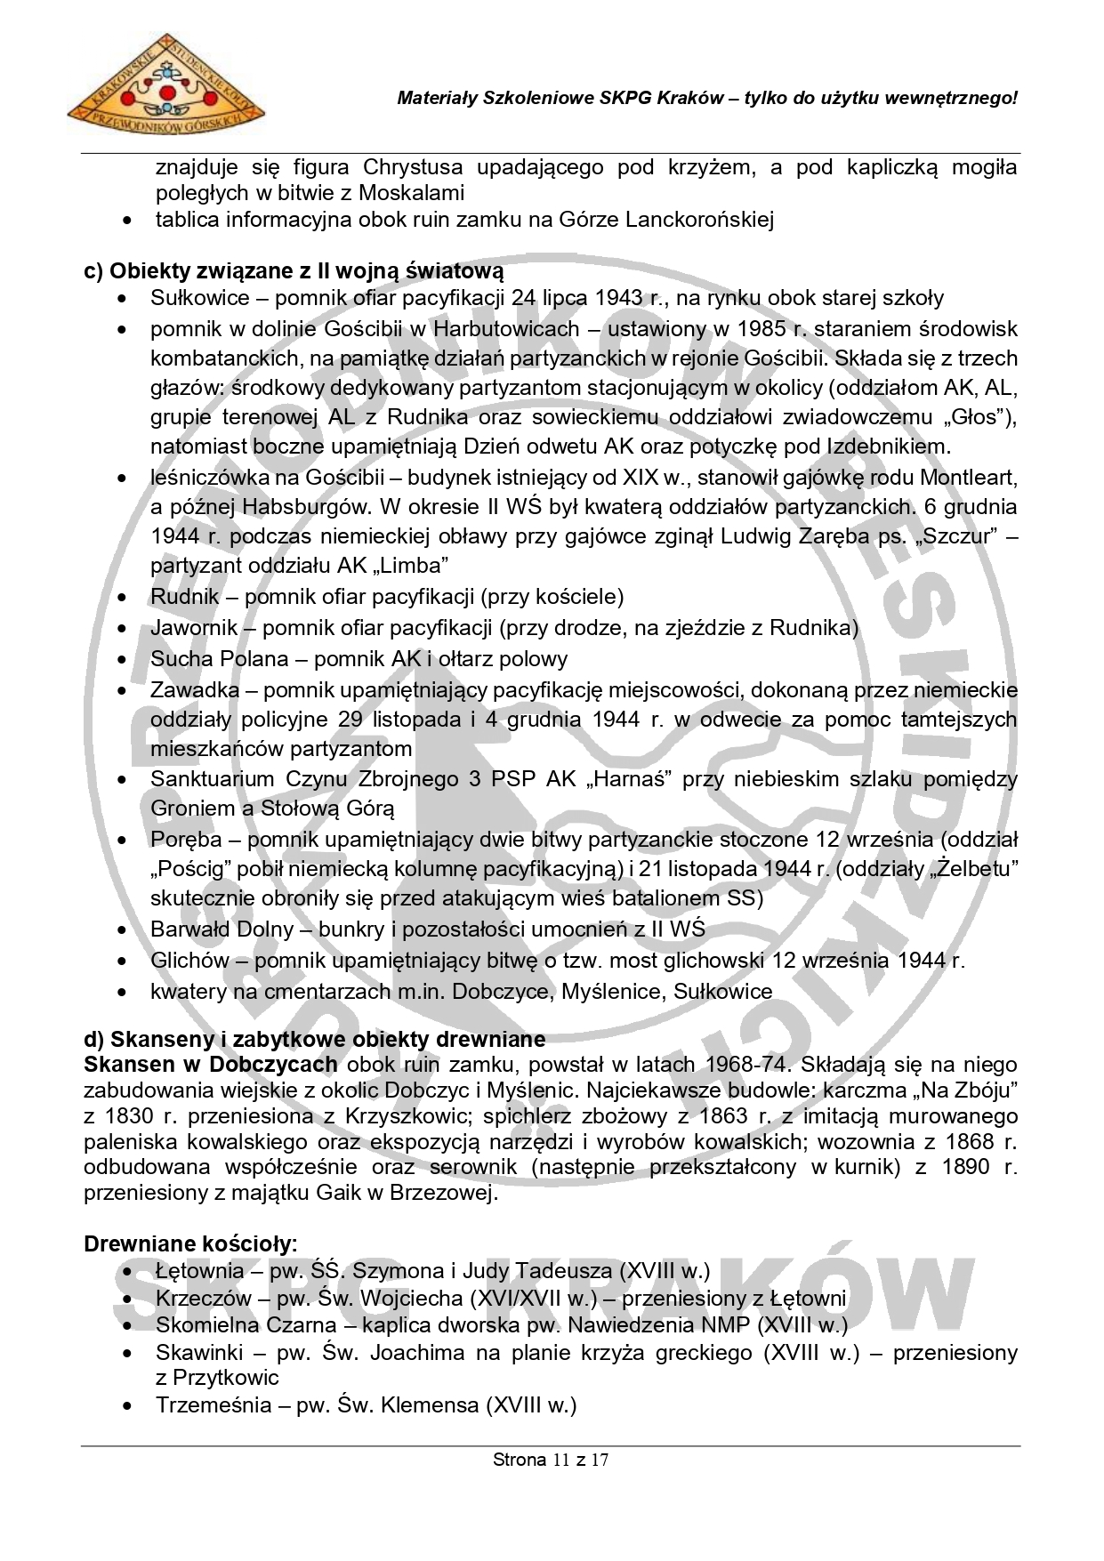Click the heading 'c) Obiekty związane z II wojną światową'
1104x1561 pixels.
(294, 270)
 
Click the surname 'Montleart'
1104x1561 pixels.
(968, 478)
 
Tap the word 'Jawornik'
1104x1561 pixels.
(194, 628)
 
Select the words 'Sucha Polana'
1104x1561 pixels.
(220, 659)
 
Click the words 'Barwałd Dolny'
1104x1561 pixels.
(222, 929)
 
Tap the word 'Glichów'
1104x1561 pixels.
(188, 961)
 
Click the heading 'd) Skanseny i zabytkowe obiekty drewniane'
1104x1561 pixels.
(314, 1039)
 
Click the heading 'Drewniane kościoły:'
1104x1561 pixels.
(190, 1243)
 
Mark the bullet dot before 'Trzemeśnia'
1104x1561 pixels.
(130, 1407)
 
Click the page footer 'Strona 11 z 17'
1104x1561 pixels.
(551, 1460)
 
